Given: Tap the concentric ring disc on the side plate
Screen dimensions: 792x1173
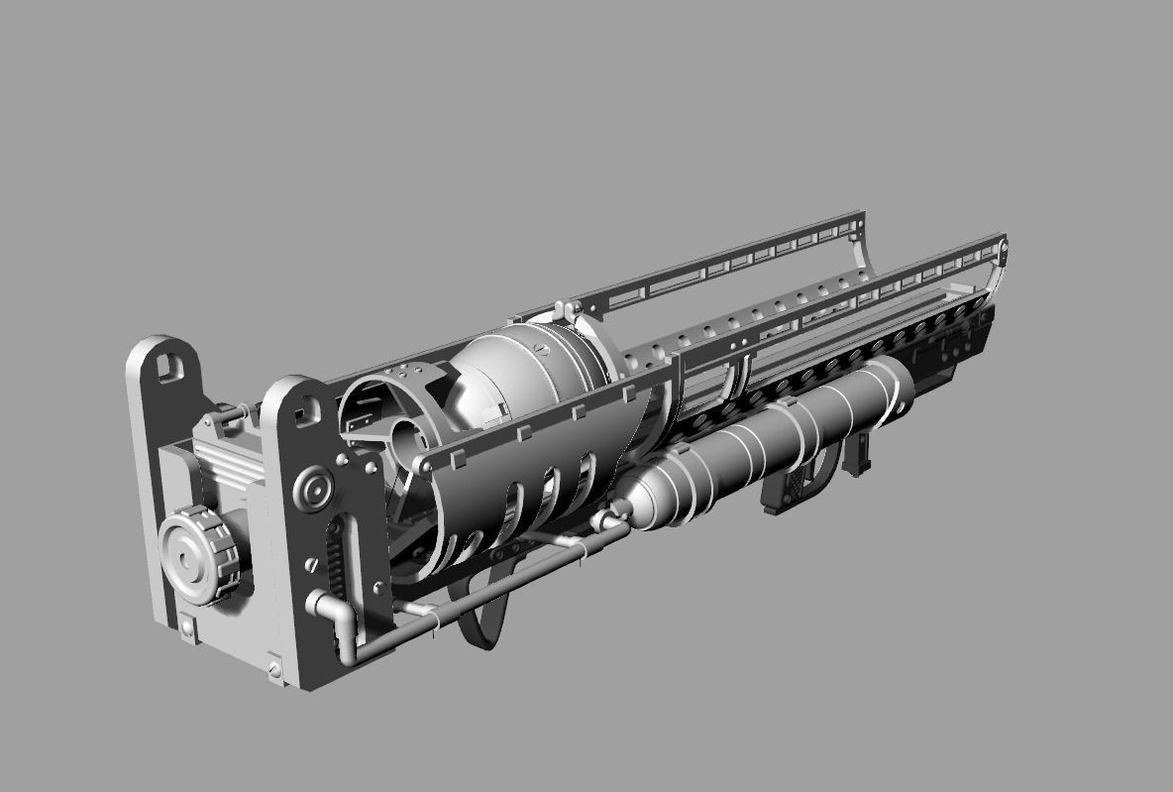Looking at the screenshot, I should point(316,488).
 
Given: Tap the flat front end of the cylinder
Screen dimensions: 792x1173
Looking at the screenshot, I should point(897,382).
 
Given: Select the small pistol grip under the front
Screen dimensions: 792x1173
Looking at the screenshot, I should point(859,451).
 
